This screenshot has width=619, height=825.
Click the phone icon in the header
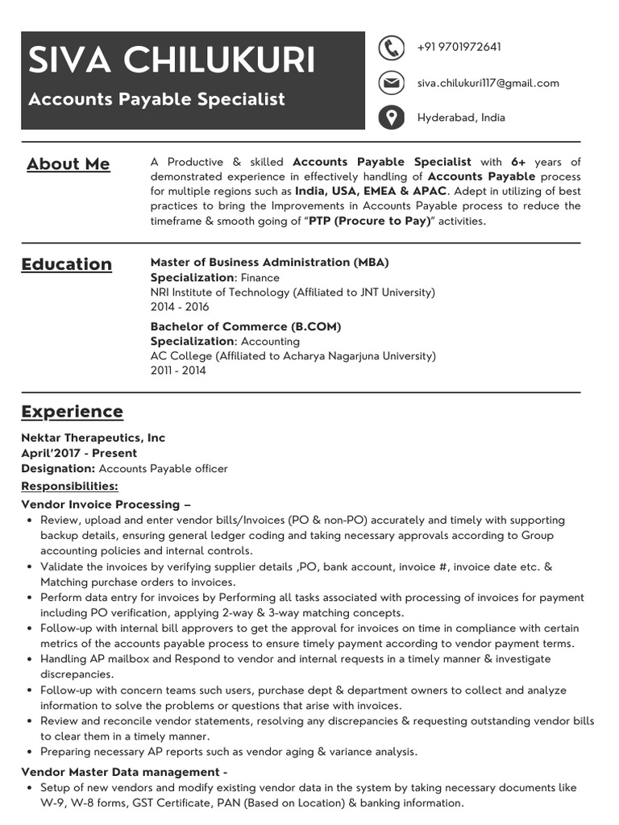[x=391, y=48]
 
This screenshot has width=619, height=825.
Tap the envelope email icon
[x=391, y=83]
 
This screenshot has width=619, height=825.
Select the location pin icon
[x=391, y=118]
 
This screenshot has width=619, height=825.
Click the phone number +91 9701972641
[x=459, y=48]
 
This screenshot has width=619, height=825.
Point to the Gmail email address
[x=488, y=83]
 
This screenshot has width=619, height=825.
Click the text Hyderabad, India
[x=461, y=118]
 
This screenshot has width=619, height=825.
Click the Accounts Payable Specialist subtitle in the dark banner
[x=156, y=99]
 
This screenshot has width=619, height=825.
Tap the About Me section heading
[x=68, y=164]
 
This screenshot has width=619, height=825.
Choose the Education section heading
[x=66, y=264]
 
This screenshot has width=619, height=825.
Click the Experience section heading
[x=72, y=412]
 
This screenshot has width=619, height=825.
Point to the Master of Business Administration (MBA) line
[x=269, y=263]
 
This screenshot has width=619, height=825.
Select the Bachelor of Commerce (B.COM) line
[x=245, y=327]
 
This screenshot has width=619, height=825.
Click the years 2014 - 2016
[x=179, y=307]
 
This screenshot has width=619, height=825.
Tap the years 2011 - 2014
[x=177, y=371]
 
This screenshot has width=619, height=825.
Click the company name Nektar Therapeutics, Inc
[x=93, y=438]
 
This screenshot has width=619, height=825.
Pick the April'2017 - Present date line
[x=79, y=454]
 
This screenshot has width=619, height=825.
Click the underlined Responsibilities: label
[x=69, y=487]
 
